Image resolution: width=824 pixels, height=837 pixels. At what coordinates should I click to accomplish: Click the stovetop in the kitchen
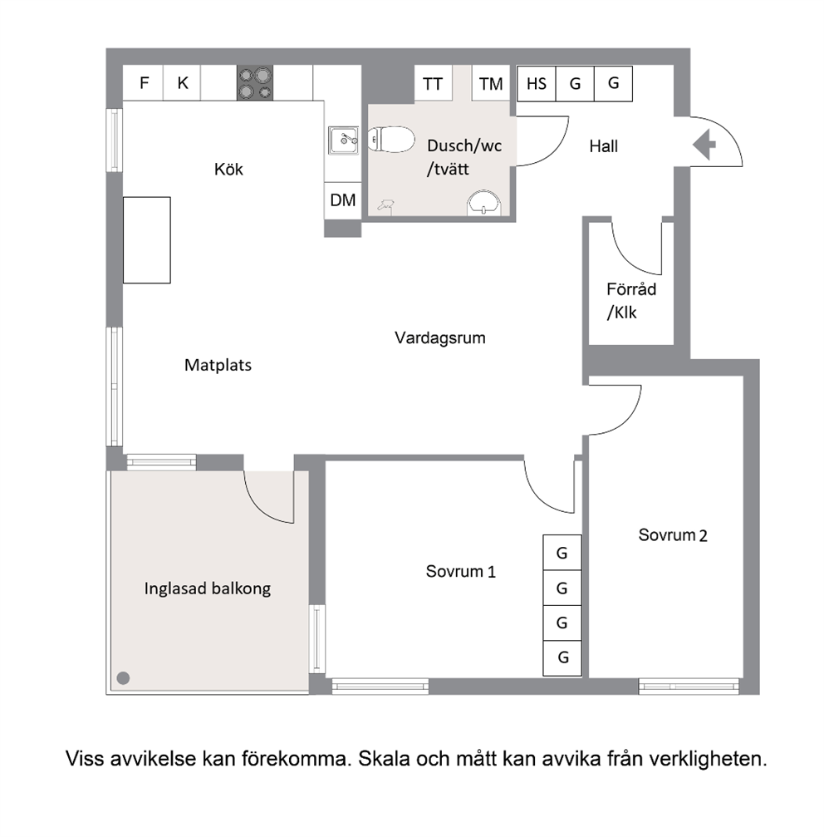tap(255, 83)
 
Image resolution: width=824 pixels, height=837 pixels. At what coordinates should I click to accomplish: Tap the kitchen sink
tap(343, 140)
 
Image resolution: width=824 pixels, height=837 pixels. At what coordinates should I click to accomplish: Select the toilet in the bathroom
tap(391, 140)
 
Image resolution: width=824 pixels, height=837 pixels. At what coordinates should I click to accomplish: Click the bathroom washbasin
tap(484, 203)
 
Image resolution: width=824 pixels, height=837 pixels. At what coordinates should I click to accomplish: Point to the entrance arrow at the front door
tap(704, 145)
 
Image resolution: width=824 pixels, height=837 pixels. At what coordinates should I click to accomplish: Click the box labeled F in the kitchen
tap(143, 83)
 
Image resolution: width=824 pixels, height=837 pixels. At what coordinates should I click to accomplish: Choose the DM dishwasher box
tap(343, 200)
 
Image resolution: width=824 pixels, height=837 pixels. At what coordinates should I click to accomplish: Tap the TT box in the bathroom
tap(433, 83)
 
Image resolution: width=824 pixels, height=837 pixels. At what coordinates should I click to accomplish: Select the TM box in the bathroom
tap(491, 83)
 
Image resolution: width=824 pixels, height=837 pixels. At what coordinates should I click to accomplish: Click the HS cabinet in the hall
tap(537, 83)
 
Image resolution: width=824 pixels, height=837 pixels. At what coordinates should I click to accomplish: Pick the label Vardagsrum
tap(440, 338)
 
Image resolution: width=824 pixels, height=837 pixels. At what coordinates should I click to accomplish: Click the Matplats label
tap(218, 365)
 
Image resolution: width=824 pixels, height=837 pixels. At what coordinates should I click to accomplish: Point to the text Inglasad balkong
tap(208, 588)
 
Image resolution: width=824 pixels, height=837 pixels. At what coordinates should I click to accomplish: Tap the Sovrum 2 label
tap(673, 535)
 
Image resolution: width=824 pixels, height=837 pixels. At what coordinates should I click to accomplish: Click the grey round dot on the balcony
tap(123, 678)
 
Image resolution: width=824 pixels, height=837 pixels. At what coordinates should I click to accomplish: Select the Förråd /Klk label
tap(631, 301)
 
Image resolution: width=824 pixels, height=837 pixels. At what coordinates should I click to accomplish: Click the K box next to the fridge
tap(183, 83)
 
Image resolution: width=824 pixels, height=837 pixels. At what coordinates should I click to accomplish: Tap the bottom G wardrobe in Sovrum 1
tap(562, 657)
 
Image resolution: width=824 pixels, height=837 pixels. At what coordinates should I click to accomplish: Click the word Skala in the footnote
tap(385, 758)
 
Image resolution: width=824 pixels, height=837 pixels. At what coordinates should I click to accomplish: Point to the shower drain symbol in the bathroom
tap(385, 205)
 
